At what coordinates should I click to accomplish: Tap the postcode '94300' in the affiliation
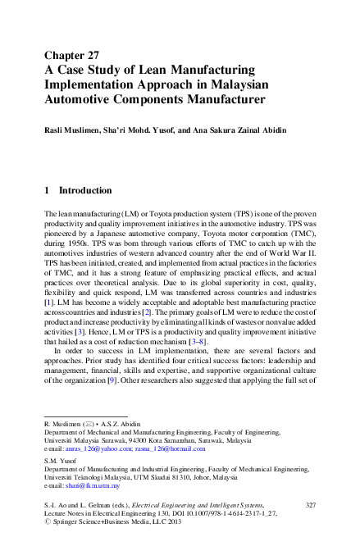pyautogui.click(x=117, y=440)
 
